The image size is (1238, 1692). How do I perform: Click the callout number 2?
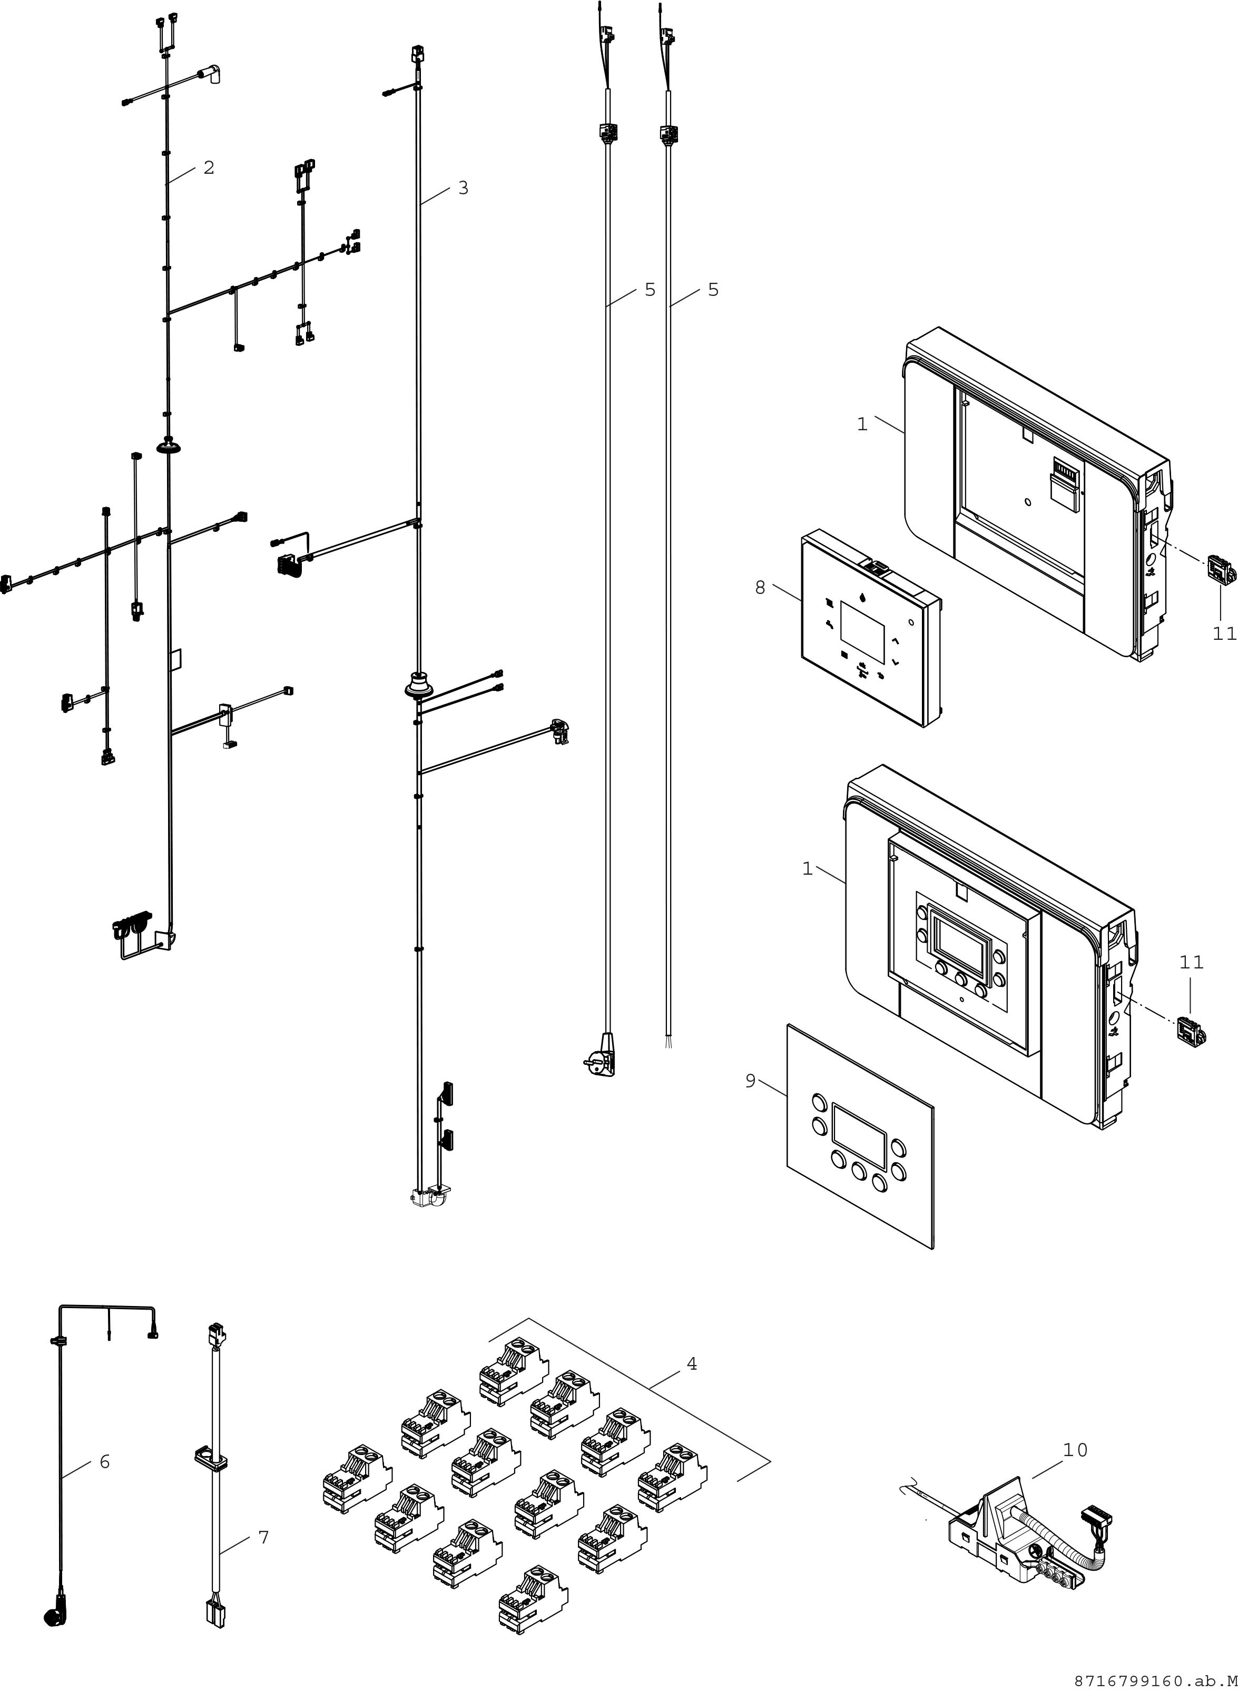point(209,168)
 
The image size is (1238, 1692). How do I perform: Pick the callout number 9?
point(750,1082)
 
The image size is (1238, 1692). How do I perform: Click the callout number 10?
point(1075,1450)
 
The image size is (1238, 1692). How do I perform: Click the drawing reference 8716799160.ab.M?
point(1155,1680)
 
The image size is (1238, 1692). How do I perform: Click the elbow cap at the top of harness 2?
point(213,75)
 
